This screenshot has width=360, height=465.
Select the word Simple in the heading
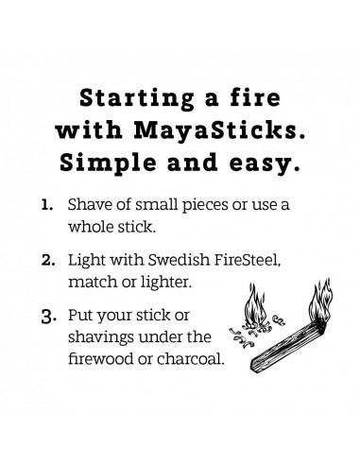[120, 163]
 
